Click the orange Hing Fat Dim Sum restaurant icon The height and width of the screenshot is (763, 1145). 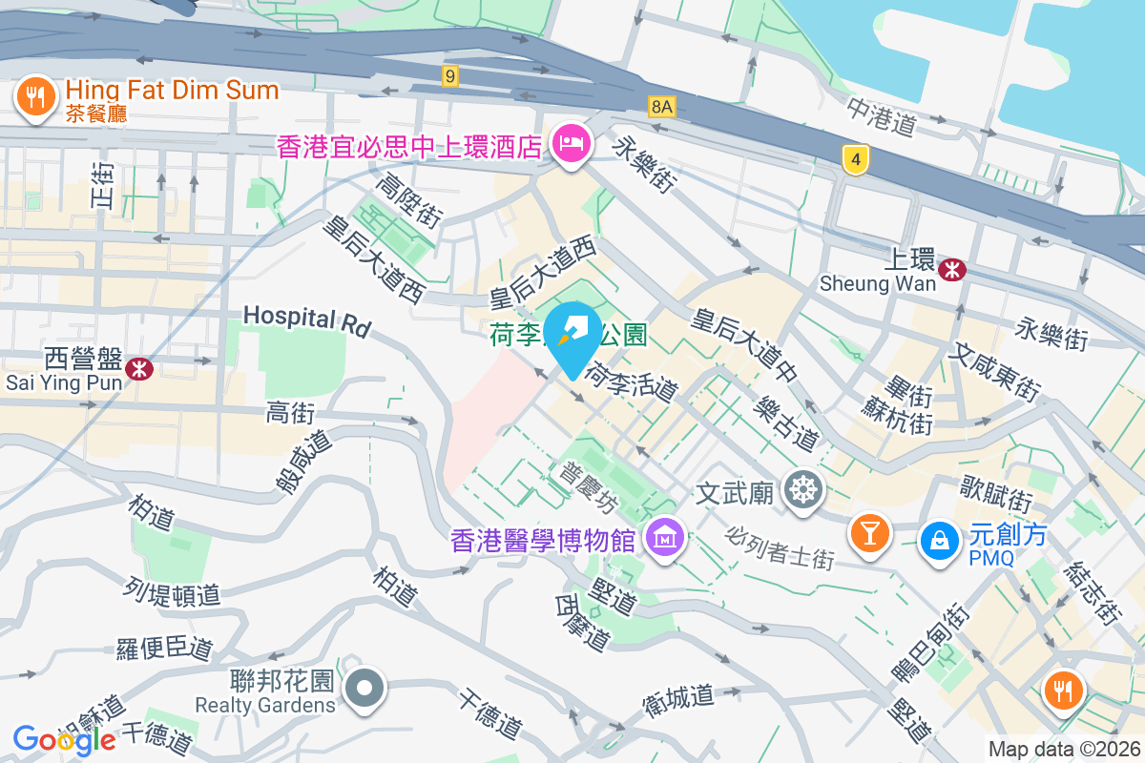tap(35, 96)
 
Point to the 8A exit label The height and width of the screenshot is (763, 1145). tap(661, 106)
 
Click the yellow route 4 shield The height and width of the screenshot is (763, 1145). tap(856, 160)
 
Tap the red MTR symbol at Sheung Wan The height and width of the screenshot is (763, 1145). tap(951, 270)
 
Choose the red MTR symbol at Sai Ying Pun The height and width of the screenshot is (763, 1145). tap(139, 367)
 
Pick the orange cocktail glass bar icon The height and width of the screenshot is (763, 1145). tap(870, 532)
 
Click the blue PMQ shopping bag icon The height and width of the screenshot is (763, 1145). tap(940, 541)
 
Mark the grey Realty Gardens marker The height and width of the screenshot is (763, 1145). tap(364, 689)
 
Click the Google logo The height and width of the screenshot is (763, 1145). tap(64, 739)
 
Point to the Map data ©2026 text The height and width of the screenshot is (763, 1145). tap(1062, 749)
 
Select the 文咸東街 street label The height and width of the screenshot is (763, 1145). tap(993, 372)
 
